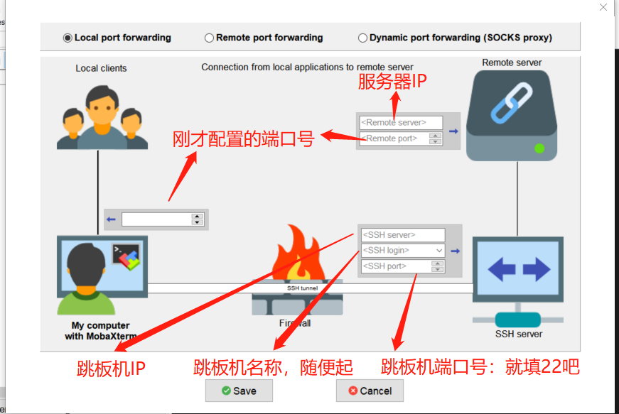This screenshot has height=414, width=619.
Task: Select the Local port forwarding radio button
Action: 68,38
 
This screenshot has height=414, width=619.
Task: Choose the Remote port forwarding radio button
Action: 210,38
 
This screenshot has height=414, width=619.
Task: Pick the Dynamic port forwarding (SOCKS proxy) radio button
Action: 363,38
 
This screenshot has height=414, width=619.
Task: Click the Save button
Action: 239,391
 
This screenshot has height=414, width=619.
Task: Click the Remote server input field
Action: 401,123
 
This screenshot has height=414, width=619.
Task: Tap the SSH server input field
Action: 403,235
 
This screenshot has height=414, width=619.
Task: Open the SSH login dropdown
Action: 439,251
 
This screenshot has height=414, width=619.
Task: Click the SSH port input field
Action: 396,266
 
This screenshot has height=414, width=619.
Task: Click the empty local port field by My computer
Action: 156,219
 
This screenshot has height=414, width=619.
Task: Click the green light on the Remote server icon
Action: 539,148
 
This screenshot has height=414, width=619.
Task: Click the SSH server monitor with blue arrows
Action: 517,270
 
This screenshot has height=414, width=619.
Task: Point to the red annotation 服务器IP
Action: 392,82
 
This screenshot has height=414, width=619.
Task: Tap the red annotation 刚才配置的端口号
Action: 243,138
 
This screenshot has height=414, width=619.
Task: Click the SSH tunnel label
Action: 302,288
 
